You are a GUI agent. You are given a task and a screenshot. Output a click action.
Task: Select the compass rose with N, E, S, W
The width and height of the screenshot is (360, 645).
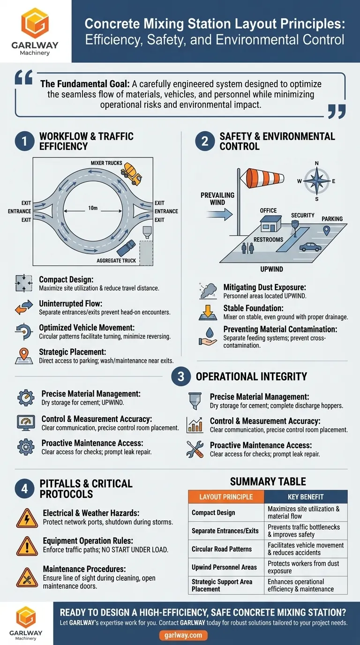(x=317, y=181)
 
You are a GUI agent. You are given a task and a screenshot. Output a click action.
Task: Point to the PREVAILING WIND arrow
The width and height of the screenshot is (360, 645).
(x=219, y=215)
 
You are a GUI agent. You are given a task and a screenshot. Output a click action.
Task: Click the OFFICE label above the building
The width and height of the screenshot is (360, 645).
(x=268, y=210)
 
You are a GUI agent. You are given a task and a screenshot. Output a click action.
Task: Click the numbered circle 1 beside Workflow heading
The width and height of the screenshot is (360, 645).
(x=25, y=141)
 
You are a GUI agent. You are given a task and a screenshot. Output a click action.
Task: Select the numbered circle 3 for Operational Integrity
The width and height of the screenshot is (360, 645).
(x=181, y=376)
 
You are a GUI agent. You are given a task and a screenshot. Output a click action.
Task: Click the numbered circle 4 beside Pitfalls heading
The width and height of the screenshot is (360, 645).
(x=25, y=489)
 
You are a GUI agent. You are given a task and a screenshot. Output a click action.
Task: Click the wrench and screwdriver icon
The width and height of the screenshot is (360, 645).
(x=195, y=449)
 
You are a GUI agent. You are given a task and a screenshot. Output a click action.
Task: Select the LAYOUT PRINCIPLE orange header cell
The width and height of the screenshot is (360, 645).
(x=226, y=496)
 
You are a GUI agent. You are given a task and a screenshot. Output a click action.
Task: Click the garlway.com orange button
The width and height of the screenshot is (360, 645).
(x=183, y=635)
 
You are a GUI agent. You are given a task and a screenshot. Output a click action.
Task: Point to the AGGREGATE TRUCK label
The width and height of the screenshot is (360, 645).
(x=116, y=260)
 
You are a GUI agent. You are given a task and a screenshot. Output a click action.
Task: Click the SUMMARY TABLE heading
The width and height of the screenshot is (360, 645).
(x=268, y=481)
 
